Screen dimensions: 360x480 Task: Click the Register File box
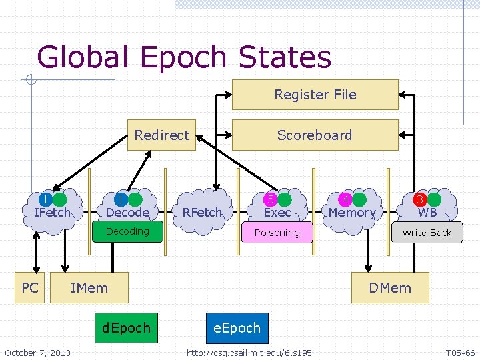click(315, 95)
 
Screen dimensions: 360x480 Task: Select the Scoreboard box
click(315, 135)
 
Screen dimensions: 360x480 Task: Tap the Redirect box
click(161, 135)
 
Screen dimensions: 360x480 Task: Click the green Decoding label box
click(127, 231)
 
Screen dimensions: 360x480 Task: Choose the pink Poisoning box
click(277, 233)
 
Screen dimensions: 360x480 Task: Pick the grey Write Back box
click(427, 233)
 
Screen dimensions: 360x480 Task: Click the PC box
click(30, 287)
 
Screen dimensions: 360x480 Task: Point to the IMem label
click(89, 288)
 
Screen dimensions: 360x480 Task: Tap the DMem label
click(390, 288)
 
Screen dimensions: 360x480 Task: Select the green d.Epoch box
click(127, 328)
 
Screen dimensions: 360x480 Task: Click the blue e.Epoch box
click(237, 328)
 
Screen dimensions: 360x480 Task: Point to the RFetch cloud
click(202, 212)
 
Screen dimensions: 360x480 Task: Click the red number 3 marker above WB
click(420, 199)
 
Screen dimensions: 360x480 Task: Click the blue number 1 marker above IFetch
click(45, 199)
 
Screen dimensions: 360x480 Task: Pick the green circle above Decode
click(135, 199)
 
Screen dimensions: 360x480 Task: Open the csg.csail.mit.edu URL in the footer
click(249, 352)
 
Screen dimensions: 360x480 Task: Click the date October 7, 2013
click(37, 352)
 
